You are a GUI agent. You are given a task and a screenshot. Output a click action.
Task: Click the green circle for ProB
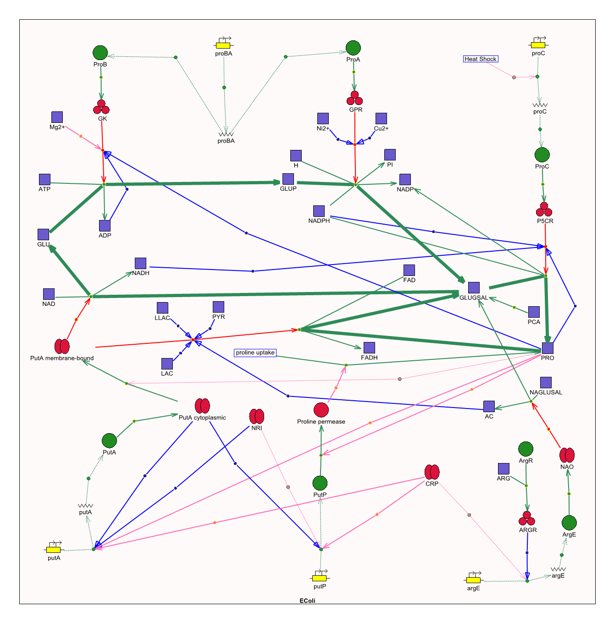pyautogui.click(x=100, y=53)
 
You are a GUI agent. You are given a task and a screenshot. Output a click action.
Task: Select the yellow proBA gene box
pyautogui.click(x=223, y=45)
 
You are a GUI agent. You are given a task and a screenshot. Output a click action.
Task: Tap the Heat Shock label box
pyautogui.click(x=480, y=59)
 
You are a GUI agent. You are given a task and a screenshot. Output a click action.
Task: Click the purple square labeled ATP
pyautogui.click(x=44, y=179)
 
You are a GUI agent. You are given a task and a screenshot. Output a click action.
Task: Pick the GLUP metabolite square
pyautogui.click(x=288, y=179)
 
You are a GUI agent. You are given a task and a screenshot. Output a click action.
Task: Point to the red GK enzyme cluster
pyautogui.click(x=101, y=107)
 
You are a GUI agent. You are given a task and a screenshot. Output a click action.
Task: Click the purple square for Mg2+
pyautogui.click(x=57, y=117)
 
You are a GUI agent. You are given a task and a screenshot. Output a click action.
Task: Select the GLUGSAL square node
pyautogui.click(x=474, y=287)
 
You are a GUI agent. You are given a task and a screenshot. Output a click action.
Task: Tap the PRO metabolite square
pyautogui.click(x=548, y=348)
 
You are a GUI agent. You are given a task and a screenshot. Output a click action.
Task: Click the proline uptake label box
pyautogui.click(x=255, y=353)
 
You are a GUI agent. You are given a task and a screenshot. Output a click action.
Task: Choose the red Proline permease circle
pyautogui.click(x=321, y=410)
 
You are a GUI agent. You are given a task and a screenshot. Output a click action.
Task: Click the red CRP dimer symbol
pyautogui.click(x=432, y=472)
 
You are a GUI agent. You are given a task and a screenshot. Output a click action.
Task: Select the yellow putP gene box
pyautogui.click(x=320, y=578)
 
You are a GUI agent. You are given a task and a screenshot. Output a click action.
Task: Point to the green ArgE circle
pyautogui.click(x=569, y=523)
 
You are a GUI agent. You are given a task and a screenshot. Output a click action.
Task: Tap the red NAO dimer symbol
pyautogui.click(x=567, y=455)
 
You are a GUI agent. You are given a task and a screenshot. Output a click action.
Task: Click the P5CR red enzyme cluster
pyautogui.click(x=544, y=210)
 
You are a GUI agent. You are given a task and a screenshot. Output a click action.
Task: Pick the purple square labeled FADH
pyautogui.click(x=369, y=347)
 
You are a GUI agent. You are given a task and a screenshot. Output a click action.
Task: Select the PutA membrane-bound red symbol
pyautogui.click(x=62, y=346)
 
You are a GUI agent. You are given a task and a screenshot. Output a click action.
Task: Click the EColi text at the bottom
pyautogui.click(x=307, y=601)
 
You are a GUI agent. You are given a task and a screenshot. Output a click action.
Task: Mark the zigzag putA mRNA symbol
pyautogui.click(x=85, y=506)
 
